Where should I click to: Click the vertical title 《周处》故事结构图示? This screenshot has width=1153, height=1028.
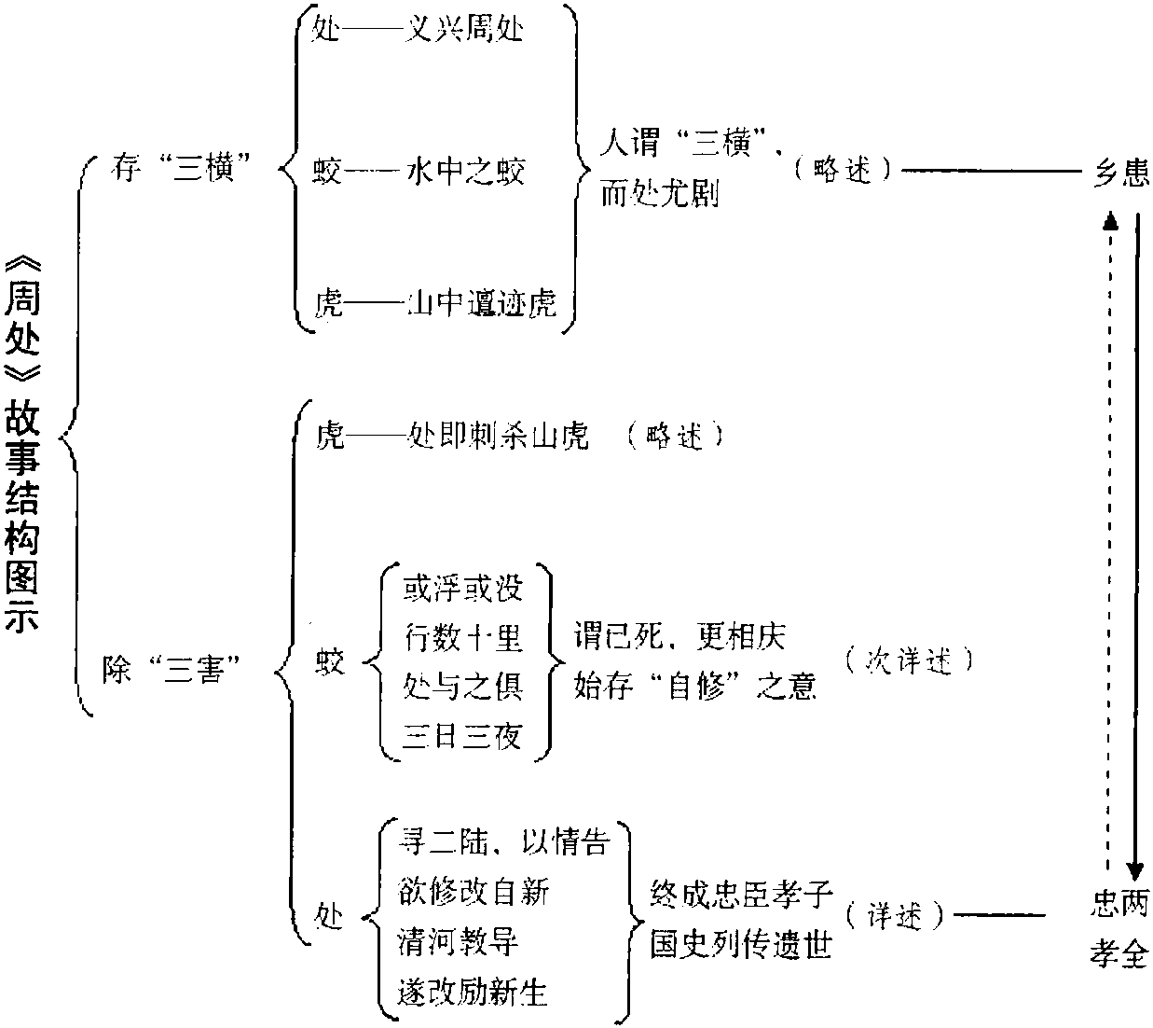click(23, 444)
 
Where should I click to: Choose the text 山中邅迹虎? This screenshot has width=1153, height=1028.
click(482, 303)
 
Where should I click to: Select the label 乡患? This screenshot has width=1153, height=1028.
click(1120, 173)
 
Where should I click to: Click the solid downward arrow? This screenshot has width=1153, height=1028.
click(1136, 541)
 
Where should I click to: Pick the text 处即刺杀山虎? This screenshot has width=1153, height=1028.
click(498, 437)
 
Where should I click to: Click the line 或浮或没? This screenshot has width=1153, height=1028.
click(463, 588)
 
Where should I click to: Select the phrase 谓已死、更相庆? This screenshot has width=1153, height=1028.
click(680, 636)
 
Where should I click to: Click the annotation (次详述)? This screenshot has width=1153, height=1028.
click(909, 661)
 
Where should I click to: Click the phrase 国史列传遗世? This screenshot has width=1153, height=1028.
click(741, 944)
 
